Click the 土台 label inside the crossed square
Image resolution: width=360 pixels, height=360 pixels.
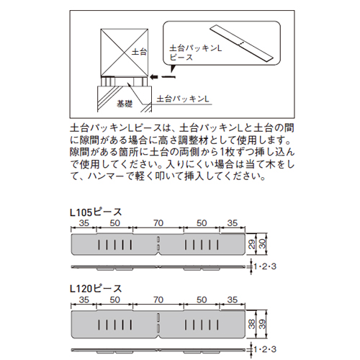139,52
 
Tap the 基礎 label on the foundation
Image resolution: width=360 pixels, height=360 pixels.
125,104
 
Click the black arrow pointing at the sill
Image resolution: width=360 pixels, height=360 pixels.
163,77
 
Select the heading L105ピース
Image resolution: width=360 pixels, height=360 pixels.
96,212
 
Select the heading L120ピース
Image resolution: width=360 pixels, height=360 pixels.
96,289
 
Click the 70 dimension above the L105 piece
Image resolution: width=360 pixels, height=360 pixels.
158,223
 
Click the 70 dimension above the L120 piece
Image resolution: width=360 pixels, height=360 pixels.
158,300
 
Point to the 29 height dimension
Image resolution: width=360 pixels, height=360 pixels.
252,244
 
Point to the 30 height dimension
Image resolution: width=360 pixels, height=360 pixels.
263,244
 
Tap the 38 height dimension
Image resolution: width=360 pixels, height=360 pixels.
252,324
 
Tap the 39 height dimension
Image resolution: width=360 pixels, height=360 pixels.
263,324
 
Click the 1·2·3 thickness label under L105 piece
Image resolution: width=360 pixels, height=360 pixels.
265,266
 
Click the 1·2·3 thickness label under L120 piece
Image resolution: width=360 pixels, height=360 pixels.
265,349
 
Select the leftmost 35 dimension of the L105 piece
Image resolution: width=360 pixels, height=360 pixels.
84,223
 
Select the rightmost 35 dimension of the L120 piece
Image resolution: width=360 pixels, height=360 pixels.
233,300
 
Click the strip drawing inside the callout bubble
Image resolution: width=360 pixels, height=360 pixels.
241,44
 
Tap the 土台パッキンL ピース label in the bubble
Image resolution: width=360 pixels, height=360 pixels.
195,53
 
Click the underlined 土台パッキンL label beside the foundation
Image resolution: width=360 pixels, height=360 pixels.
183,99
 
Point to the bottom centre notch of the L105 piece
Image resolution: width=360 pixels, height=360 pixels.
158,253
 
